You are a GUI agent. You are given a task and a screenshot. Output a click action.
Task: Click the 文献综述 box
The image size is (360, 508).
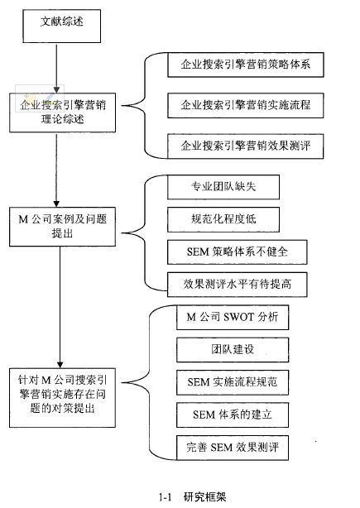61,26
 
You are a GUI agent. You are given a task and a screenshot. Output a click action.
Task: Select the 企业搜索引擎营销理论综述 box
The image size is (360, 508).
63,113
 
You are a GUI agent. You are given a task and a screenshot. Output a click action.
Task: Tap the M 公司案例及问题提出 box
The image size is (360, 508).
63,227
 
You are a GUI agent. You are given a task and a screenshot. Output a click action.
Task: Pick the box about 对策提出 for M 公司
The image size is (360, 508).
63,397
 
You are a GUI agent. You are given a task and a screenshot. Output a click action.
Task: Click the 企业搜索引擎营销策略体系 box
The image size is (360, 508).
246,65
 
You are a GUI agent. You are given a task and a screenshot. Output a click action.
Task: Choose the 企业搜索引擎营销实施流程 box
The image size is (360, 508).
246,105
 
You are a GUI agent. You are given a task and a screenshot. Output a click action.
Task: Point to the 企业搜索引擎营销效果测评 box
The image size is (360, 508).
246,146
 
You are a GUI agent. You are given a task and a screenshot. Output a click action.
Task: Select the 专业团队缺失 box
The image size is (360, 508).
223,187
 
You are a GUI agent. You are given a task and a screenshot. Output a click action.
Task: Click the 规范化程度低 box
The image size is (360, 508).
223,219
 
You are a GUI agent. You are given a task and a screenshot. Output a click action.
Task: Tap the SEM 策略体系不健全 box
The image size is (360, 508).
238,252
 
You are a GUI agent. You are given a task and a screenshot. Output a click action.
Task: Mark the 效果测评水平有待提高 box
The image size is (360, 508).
238,285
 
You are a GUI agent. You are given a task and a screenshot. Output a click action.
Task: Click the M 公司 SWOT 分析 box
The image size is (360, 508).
233,317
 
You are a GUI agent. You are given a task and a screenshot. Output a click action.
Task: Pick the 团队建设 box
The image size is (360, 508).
233,350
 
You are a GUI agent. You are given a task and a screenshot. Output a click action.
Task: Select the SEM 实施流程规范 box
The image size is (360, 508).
233,382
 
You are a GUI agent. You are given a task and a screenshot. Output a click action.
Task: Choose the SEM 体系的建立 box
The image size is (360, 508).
233,415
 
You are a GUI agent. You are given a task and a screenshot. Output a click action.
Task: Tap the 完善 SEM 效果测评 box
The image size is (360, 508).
233,448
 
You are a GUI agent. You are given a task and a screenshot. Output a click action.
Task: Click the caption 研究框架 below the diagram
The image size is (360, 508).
204,496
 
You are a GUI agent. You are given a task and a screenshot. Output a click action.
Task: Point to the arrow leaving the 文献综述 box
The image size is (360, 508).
56,68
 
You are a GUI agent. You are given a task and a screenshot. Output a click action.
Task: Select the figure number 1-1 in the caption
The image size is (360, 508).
165,497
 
